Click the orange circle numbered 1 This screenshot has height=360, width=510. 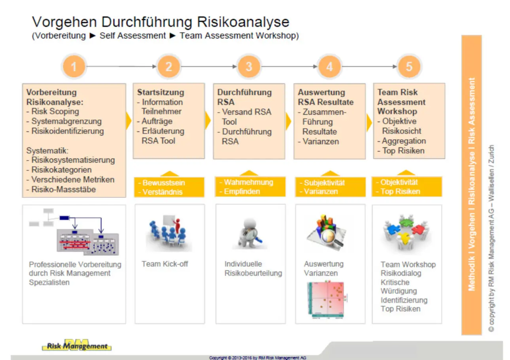(x=74, y=67)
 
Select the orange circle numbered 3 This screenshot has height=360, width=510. (x=249, y=67)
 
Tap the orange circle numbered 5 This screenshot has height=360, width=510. (x=409, y=67)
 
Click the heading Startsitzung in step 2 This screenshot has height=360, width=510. (x=161, y=93)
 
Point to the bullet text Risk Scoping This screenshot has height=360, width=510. (x=55, y=112)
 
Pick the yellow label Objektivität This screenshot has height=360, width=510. (x=399, y=182)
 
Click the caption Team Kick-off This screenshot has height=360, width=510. (x=165, y=264)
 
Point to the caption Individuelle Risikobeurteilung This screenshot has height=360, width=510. (x=253, y=269)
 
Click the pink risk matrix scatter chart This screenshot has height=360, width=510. (x=325, y=300)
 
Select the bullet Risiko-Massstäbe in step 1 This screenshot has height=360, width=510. (x=63, y=189)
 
